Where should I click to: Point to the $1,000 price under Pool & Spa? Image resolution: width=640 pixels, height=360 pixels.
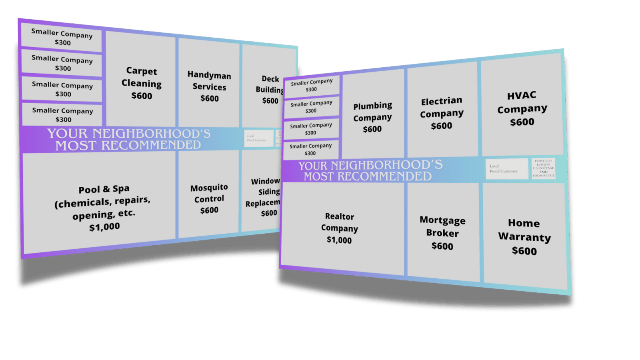point(104,227)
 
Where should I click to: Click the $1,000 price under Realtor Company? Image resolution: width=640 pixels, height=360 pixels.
point(339,240)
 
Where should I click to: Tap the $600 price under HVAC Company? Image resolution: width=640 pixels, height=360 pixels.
point(522,122)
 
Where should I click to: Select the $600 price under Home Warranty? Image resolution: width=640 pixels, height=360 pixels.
point(524,251)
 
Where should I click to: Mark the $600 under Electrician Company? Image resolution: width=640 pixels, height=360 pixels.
point(442,126)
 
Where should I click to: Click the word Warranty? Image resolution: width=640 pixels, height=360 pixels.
point(524,237)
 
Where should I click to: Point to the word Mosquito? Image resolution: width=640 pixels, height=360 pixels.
point(209,188)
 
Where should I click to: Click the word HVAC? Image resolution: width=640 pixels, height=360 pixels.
point(522,96)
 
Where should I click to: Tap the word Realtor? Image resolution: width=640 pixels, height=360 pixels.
point(340,216)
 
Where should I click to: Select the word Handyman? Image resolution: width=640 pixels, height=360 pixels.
point(209,75)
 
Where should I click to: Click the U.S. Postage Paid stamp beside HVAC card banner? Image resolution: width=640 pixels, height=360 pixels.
point(544,168)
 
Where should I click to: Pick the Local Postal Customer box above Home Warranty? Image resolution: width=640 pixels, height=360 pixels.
point(506,169)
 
